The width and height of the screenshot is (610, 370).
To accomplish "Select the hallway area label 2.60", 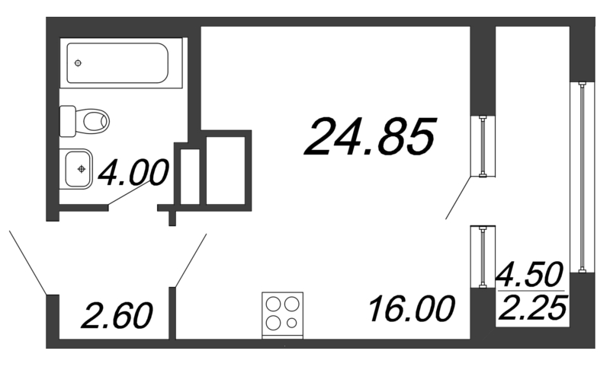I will (x=116, y=314).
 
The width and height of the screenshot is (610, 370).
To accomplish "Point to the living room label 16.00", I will (x=411, y=309).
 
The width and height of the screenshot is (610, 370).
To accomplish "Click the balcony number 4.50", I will (x=530, y=273).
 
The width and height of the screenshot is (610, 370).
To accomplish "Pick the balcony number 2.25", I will (x=530, y=308).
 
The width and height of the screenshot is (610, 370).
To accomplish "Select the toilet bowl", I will (x=95, y=120).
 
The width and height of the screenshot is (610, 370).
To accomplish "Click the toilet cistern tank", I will (x=68, y=120).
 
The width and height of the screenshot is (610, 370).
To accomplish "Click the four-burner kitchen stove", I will (x=282, y=314).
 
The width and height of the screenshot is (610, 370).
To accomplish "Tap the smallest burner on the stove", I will (x=292, y=323).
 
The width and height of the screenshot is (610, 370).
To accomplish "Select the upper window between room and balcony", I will (x=483, y=146).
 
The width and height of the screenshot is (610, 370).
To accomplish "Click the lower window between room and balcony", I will (x=483, y=257).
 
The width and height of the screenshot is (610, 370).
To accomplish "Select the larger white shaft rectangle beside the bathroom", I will (x=226, y=170).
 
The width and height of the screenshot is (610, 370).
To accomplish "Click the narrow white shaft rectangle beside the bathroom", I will (x=190, y=177).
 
